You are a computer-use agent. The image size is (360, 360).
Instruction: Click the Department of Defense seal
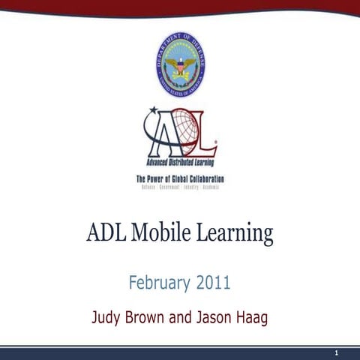tap(181, 64)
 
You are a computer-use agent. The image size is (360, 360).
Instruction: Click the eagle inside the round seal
tap(181, 66)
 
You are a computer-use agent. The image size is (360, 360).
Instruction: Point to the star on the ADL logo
tap(154, 112)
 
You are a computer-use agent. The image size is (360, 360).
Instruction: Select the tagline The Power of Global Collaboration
tap(180, 178)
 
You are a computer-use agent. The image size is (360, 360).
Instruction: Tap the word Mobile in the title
tap(162, 233)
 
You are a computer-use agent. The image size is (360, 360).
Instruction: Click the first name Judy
tap(107, 317)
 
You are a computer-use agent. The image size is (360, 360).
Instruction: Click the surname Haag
tap(257, 317)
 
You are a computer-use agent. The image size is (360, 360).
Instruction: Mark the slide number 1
tap(337, 352)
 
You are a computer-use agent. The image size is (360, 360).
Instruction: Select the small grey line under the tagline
tap(180, 186)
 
